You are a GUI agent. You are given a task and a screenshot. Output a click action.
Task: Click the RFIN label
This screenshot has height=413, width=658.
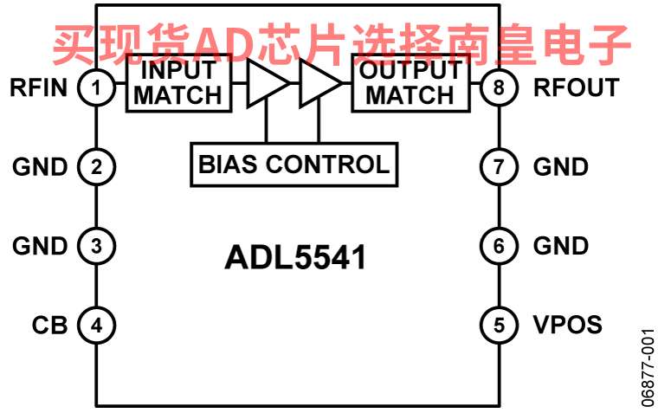[x=39, y=87]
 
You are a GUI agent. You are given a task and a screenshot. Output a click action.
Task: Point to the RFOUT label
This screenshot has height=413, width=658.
[x=576, y=87]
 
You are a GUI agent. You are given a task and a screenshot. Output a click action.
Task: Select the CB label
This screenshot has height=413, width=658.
[x=49, y=326]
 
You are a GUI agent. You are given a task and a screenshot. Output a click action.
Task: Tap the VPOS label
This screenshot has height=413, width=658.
[x=567, y=325]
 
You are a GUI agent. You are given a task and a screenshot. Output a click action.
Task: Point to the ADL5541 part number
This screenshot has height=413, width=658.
[x=295, y=257]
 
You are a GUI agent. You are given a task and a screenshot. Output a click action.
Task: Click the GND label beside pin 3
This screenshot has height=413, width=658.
[x=40, y=246]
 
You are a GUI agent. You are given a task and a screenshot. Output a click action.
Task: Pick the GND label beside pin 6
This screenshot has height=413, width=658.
[x=561, y=246]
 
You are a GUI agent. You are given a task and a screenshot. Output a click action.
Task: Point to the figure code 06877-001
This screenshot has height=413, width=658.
[x=648, y=368]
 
